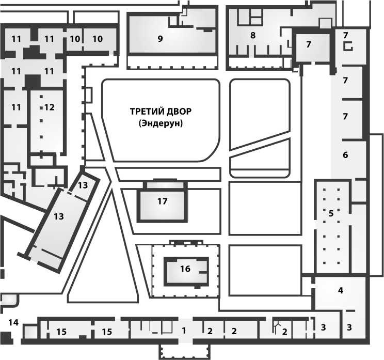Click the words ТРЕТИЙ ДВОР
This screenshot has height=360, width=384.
161,112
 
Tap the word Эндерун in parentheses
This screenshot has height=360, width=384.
161,123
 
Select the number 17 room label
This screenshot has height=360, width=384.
162,201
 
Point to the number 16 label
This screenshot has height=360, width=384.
185,269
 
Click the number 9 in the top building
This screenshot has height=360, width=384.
160,39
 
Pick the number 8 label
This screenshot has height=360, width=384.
253,35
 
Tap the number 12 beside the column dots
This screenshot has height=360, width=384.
50,107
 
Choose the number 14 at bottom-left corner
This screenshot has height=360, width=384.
13,322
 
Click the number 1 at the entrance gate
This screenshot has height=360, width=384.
184,331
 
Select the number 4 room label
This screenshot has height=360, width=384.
341,290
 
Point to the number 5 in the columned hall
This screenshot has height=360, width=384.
331,213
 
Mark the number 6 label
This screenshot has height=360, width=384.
345,155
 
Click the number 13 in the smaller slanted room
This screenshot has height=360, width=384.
83,185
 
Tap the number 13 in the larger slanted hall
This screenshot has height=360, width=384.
59,216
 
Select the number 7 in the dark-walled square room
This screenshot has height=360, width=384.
309,44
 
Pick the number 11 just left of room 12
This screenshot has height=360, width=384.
16,107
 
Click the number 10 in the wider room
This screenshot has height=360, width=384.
98,39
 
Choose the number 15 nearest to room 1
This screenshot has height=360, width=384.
107,332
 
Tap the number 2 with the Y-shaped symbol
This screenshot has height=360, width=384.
284,332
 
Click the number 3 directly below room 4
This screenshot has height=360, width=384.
349,327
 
